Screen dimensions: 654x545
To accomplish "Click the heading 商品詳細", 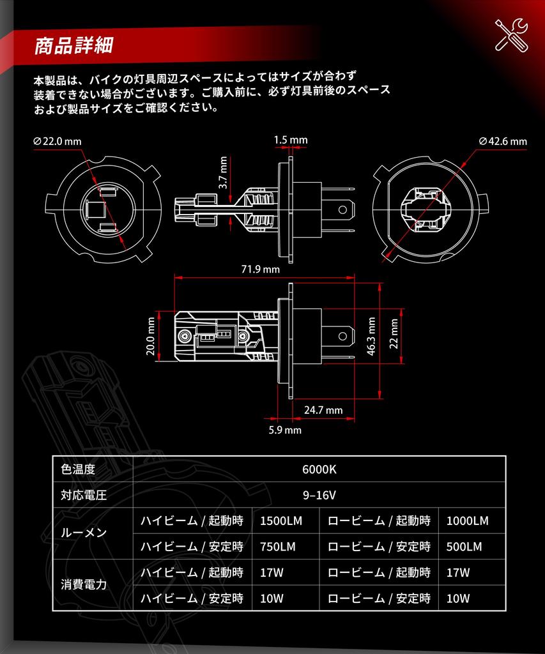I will pyautogui.click(x=74, y=45).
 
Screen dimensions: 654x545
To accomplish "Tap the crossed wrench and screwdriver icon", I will pyautogui.click(x=511, y=34).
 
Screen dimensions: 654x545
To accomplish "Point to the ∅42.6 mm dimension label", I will pyautogui.click(x=503, y=141).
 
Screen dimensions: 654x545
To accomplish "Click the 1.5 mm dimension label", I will pyautogui.click(x=290, y=140).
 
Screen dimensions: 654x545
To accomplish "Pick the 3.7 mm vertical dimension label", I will pyautogui.click(x=223, y=172).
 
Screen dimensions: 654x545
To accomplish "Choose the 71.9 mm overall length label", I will pyautogui.click(x=260, y=269).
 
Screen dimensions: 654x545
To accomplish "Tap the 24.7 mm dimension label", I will pyautogui.click(x=323, y=409).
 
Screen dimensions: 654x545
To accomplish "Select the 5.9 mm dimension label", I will pyautogui.click(x=284, y=430).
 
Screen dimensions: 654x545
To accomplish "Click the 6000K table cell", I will pyautogui.click(x=319, y=469).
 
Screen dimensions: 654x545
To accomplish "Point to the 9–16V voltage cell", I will pyautogui.click(x=319, y=495).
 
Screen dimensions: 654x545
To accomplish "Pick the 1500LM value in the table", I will pyautogui.click(x=280, y=521).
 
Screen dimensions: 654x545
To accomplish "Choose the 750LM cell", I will pyautogui.click(x=277, y=547).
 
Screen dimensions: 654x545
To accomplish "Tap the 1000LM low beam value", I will pyautogui.click(x=467, y=521).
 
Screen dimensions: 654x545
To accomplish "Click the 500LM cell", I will pyautogui.click(x=464, y=547).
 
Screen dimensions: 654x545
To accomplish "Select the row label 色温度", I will pyautogui.click(x=78, y=469).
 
